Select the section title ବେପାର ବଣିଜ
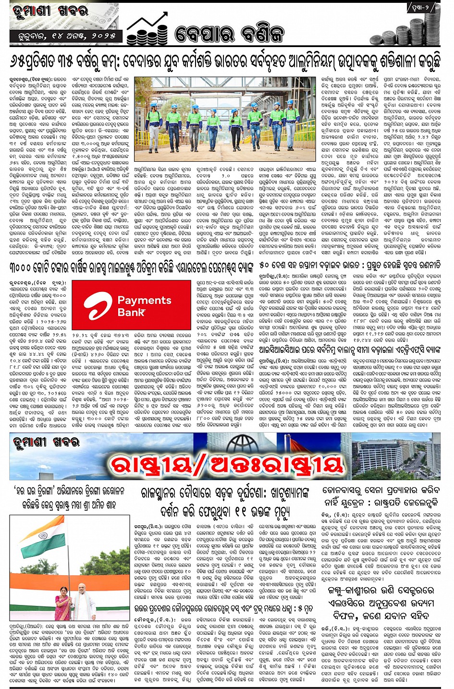[x=230, y=34]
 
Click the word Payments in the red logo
[x=144, y=301]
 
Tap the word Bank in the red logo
[x=132, y=313]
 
